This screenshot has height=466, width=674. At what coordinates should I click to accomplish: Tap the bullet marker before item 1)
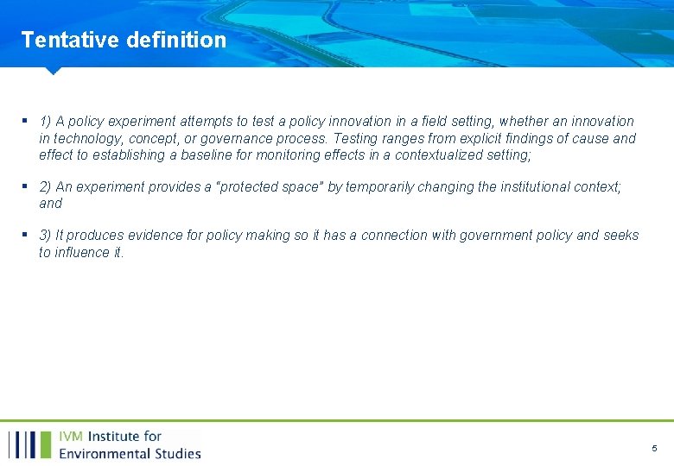point(26,122)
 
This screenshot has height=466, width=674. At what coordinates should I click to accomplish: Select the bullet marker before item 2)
point(26,186)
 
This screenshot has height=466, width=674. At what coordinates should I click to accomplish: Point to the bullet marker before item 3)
point(26,236)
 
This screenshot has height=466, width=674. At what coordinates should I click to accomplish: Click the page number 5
point(654,449)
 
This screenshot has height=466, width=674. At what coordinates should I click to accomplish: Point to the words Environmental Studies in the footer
point(130,453)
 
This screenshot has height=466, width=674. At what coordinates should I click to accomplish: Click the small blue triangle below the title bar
point(53,71)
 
